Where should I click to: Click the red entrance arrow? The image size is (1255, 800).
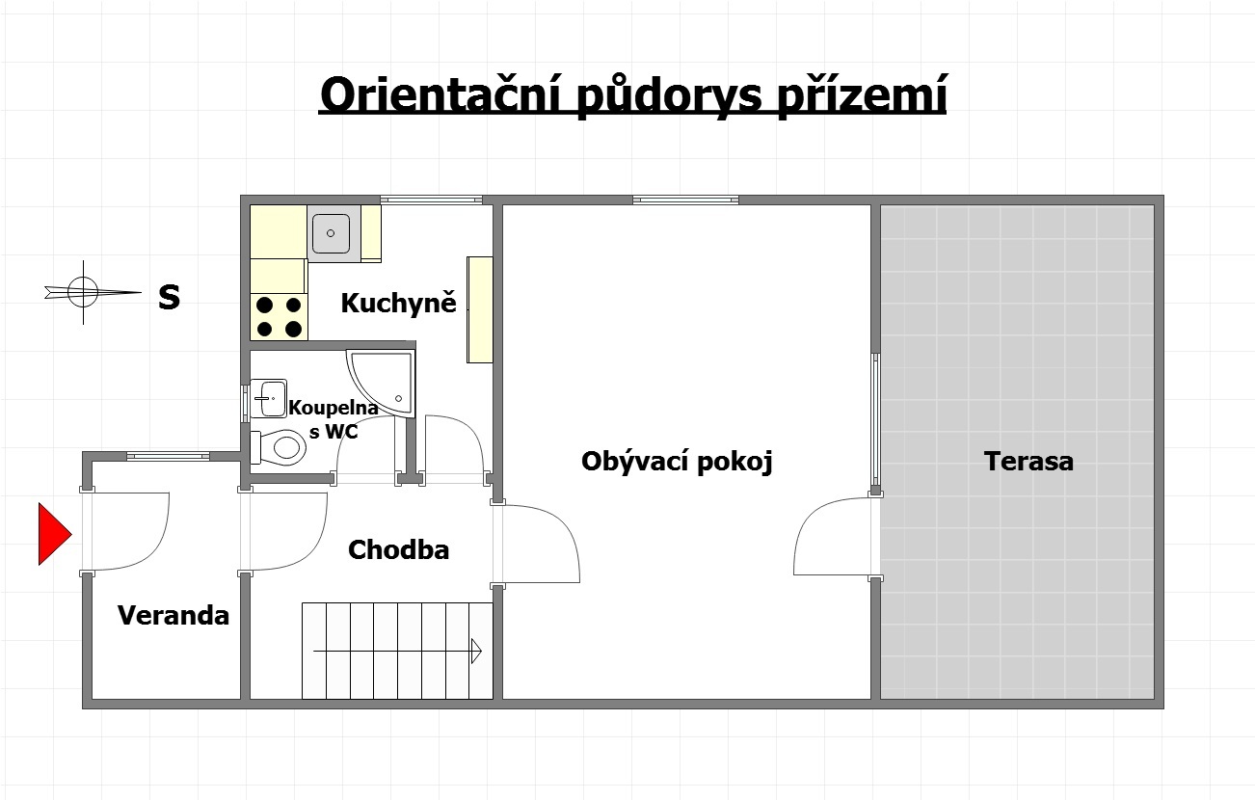[x=54, y=534]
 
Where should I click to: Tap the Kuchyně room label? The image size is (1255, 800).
[x=398, y=303]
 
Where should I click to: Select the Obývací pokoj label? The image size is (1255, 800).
[x=677, y=462]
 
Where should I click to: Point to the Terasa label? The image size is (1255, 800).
[x=1028, y=462]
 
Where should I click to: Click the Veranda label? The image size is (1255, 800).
[x=174, y=616]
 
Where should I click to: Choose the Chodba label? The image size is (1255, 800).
[x=398, y=550]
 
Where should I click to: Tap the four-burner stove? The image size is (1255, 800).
[x=279, y=316]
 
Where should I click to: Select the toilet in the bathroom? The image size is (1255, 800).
[x=278, y=447]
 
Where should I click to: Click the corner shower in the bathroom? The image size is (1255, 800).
[x=382, y=385]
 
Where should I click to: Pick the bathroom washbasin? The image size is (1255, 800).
[x=268, y=398]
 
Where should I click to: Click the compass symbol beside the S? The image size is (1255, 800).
[x=84, y=292]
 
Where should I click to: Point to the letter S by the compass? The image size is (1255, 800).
[x=170, y=297]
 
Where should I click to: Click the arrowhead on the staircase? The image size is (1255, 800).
[x=476, y=651]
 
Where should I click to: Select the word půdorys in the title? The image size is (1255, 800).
[x=670, y=96]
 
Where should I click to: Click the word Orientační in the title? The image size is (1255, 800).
[x=441, y=95]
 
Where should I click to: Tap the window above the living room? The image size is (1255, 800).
[x=685, y=200]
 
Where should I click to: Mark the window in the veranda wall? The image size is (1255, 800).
[x=168, y=456]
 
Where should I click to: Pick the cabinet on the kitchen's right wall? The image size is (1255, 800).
[x=480, y=309]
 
